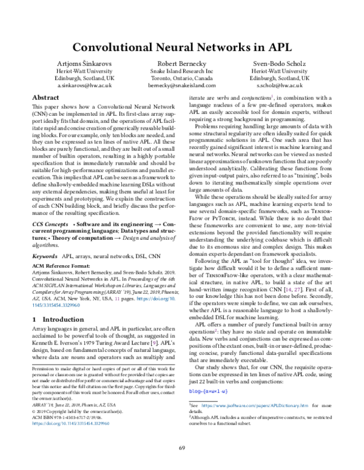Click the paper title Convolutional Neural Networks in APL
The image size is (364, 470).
point(182,46)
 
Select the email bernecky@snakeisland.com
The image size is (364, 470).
point(182,87)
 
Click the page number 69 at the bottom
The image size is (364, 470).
point(182,448)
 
